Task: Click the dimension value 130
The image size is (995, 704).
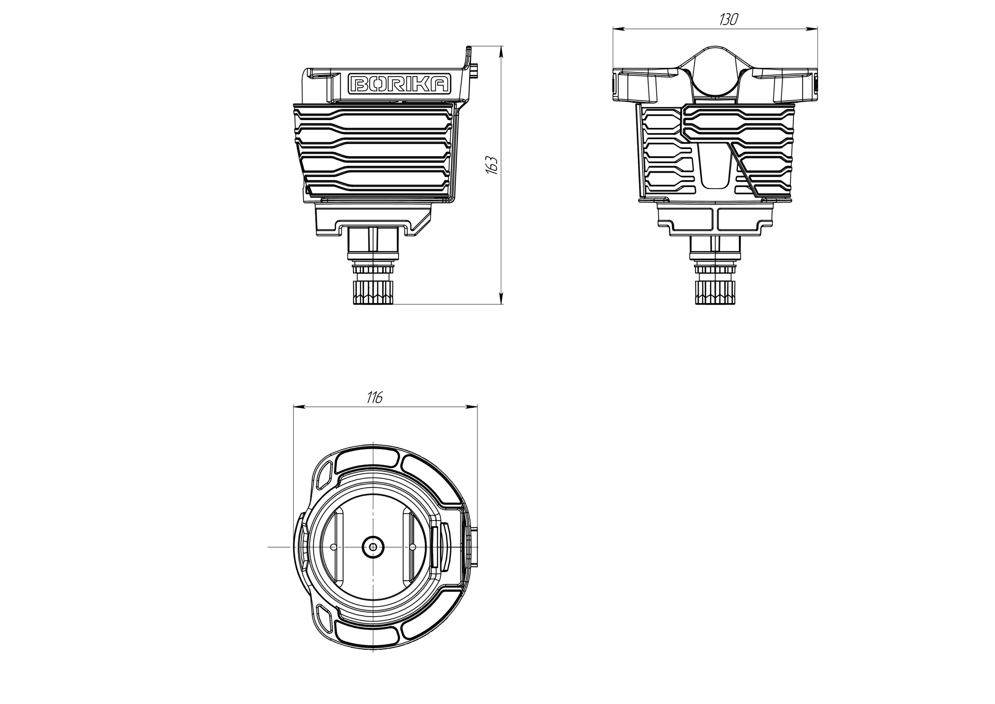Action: pyautogui.click(x=728, y=19)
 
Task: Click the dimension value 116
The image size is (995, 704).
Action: pyautogui.click(x=375, y=397)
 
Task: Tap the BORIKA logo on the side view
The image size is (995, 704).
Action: pyautogui.click(x=400, y=84)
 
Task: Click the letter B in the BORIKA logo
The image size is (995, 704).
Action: pyautogui.click(x=359, y=84)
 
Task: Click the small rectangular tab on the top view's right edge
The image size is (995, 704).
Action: pyautogui.click(x=477, y=547)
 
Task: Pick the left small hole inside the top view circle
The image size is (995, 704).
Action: pyautogui.click(x=333, y=547)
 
